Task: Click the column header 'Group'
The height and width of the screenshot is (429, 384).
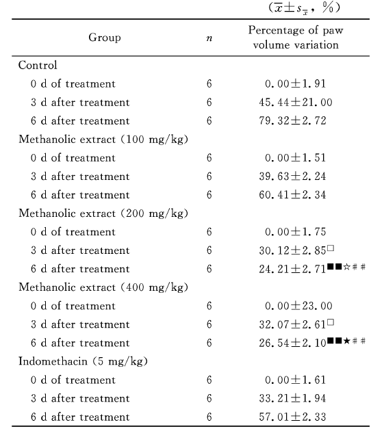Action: (105, 38)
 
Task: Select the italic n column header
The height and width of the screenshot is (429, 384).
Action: (209, 38)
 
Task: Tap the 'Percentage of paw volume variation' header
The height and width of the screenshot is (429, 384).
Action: (296, 38)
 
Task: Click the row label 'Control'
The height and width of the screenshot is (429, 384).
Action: (38, 66)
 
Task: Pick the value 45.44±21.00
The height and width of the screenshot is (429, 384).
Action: (296, 103)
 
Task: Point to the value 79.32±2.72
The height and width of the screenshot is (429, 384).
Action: (292, 121)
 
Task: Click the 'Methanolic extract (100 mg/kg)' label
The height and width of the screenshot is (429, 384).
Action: (103, 140)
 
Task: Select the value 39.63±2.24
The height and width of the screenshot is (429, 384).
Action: (292, 177)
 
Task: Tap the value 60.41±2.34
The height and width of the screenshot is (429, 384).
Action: (292, 195)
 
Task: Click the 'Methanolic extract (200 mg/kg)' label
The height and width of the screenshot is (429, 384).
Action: (103, 213)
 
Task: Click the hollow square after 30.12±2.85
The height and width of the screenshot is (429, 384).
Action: (331, 248)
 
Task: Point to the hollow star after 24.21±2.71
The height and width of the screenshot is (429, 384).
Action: (346, 267)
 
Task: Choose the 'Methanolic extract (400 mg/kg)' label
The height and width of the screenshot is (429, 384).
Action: (103, 287)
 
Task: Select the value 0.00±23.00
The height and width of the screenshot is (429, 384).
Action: (298, 306)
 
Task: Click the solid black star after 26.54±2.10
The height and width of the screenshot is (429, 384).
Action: (346, 341)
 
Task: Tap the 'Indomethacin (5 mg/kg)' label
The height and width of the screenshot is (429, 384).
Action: (83, 362)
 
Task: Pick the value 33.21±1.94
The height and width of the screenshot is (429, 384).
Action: (292, 399)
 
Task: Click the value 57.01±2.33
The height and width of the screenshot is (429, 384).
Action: (292, 417)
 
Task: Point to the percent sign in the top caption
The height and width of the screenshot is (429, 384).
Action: (328, 8)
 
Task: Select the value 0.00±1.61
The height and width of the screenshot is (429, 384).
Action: (295, 380)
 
